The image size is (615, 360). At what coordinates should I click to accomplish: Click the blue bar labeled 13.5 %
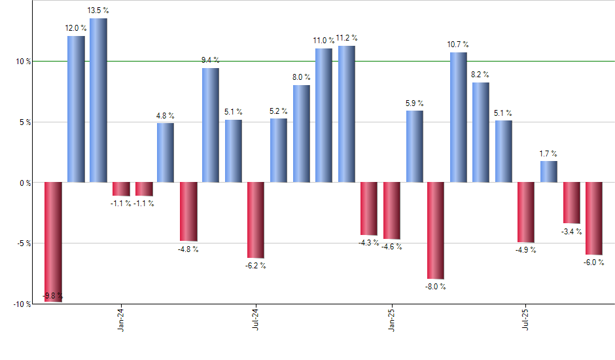[x=98, y=100]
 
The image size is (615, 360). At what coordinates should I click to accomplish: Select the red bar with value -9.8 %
[x=53, y=242]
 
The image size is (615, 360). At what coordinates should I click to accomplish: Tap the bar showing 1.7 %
[x=549, y=171]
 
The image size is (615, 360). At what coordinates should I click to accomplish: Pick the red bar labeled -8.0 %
[x=436, y=230]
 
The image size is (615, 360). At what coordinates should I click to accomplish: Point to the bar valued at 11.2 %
[x=346, y=114]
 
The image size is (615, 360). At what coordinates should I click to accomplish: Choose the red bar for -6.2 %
[x=256, y=220]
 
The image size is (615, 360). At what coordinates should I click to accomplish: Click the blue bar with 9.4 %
[x=211, y=125]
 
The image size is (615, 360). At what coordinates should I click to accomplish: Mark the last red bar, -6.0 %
[x=594, y=218]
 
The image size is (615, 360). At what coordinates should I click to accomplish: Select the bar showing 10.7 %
[x=459, y=117]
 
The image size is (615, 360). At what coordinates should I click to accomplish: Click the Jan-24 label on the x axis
[x=121, y=320]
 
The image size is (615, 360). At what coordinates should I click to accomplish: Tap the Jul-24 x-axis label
[x=256, y=320]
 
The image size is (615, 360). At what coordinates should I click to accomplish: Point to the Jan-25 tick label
[x=391, y=320]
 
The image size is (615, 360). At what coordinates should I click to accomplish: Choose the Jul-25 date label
[x=527, y=320]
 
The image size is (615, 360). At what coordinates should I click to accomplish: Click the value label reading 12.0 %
[x=76, y=28]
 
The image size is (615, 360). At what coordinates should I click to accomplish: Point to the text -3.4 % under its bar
[x=572, y=231]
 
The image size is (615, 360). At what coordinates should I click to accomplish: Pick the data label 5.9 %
[x=413, y=103]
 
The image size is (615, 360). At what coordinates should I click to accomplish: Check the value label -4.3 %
[x=369, y=243]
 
